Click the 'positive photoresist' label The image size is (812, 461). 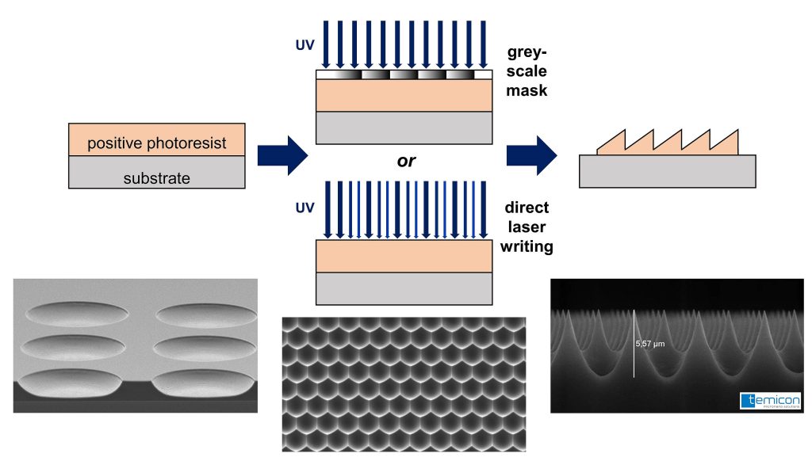pyautogui.click(x=157, y=143)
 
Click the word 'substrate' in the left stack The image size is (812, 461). pyautogui.click(x=157, y=177)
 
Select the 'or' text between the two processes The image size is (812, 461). pyautogui.click(x=406, y=161)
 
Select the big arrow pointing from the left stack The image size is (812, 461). pyautogui.click(x=281, y=154)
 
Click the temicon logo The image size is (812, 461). pyautogui.click(x=769, y=401)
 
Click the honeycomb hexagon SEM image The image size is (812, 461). pyautogui.click(x=404, y=383)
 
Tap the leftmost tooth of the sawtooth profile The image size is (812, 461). pyautogui.click(x=611, y=145)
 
